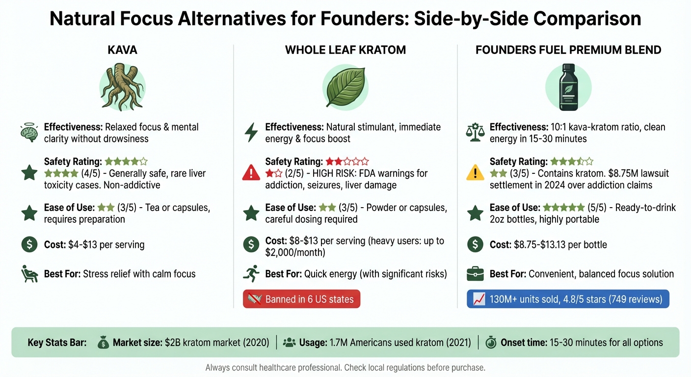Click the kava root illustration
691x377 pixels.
[122, 86]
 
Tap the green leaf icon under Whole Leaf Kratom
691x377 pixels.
[345, 87]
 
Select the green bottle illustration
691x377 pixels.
[568, 86]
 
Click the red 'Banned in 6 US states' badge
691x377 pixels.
[301, 299]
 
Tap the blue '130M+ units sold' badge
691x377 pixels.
[568, 299]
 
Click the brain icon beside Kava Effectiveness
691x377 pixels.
[29, 133]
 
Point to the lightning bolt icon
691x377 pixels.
[251, 133]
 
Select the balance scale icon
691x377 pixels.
[475, 133]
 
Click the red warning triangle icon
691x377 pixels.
[251, 173]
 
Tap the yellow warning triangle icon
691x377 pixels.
[475, 173]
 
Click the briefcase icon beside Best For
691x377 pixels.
[475, 274]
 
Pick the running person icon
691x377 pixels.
[251, 273]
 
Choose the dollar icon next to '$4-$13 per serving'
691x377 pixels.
[29, 244]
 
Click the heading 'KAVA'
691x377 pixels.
[123, 50]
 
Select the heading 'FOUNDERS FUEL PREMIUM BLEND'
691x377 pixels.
[568, 50]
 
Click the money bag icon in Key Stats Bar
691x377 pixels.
[103, 343]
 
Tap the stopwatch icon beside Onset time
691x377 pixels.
[490, 343]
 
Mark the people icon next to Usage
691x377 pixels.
[290, 343]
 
